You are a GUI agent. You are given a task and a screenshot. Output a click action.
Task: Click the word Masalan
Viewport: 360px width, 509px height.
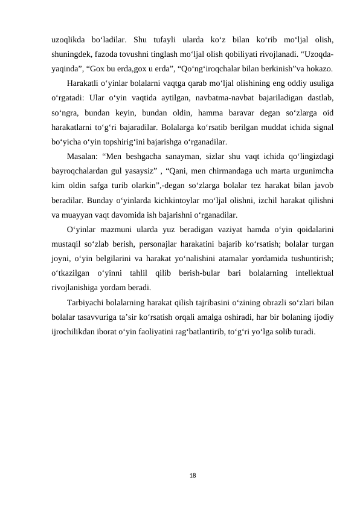click(85, 157)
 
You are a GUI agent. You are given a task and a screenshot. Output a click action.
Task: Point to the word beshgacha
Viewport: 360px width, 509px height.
click(142, 157)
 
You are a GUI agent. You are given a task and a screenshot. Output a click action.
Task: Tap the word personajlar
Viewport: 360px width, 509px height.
click(172, 243)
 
